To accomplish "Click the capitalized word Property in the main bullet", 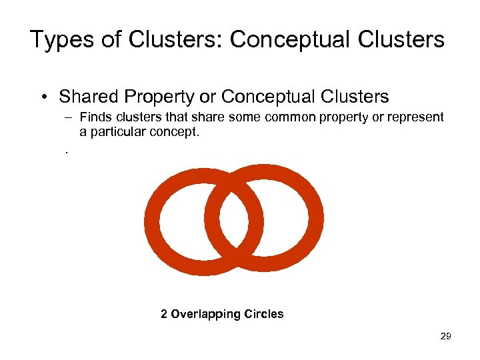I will tap(161, 97).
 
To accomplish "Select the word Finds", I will tap(95, 117).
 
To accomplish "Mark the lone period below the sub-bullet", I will tap(67, 151).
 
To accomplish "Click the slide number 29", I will tap(445, 336).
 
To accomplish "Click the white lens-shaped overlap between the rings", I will tap(234, 218).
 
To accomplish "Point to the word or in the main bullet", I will tap(208, 97).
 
